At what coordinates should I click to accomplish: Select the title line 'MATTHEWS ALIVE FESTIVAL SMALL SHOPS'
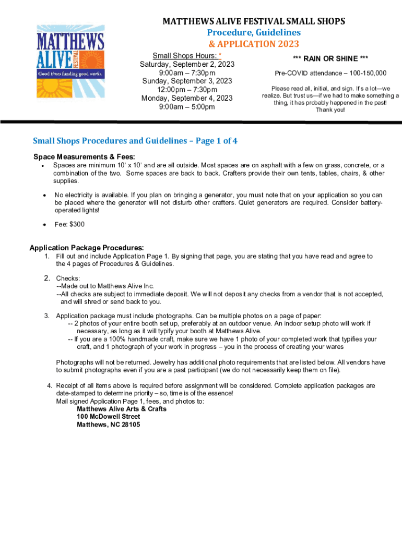click(254, 21)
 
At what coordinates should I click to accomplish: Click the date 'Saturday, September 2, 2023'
click(187, 64)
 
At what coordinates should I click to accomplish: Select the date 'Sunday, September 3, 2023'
click(187, 81)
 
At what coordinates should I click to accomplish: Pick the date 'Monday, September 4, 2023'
click(187, 98)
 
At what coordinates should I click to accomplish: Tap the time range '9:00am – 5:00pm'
click(187, 107)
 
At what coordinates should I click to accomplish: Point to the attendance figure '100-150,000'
click(366, 73)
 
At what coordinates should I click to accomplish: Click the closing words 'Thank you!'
click(330, 110)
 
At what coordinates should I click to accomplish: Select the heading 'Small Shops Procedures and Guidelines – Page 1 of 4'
click(135, 141)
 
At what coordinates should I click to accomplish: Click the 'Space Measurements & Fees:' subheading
click(84, 157)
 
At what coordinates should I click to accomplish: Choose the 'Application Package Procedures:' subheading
click(87, 248)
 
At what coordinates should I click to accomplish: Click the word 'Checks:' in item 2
click(68, 278)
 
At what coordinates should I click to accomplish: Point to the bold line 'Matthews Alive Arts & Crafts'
click(122, 409)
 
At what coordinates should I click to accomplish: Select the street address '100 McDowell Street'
click(108, 417)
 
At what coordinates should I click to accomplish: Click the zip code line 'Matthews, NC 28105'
click(108, 424)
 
